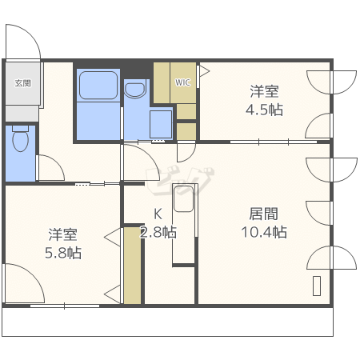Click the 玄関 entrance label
tap(22, 83)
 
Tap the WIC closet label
tap(182, 82)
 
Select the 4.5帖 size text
tap(264, 110)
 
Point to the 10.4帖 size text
tap(264, 232)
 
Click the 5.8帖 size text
tap(63, 253)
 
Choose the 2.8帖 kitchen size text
tap(158, 232)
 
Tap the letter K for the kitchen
tap(158, 214)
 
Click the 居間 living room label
tap(264, 214)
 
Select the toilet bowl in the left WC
tap(21, 138)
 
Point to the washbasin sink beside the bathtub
tap(135, 90)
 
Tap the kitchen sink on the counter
tap(183, 198)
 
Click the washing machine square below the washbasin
tap(161, 124)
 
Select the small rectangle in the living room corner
tap(317, 286)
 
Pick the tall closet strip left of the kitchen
tap(132, 266)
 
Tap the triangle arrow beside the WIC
tap(205, 71)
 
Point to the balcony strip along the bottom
tap(167, 322)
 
